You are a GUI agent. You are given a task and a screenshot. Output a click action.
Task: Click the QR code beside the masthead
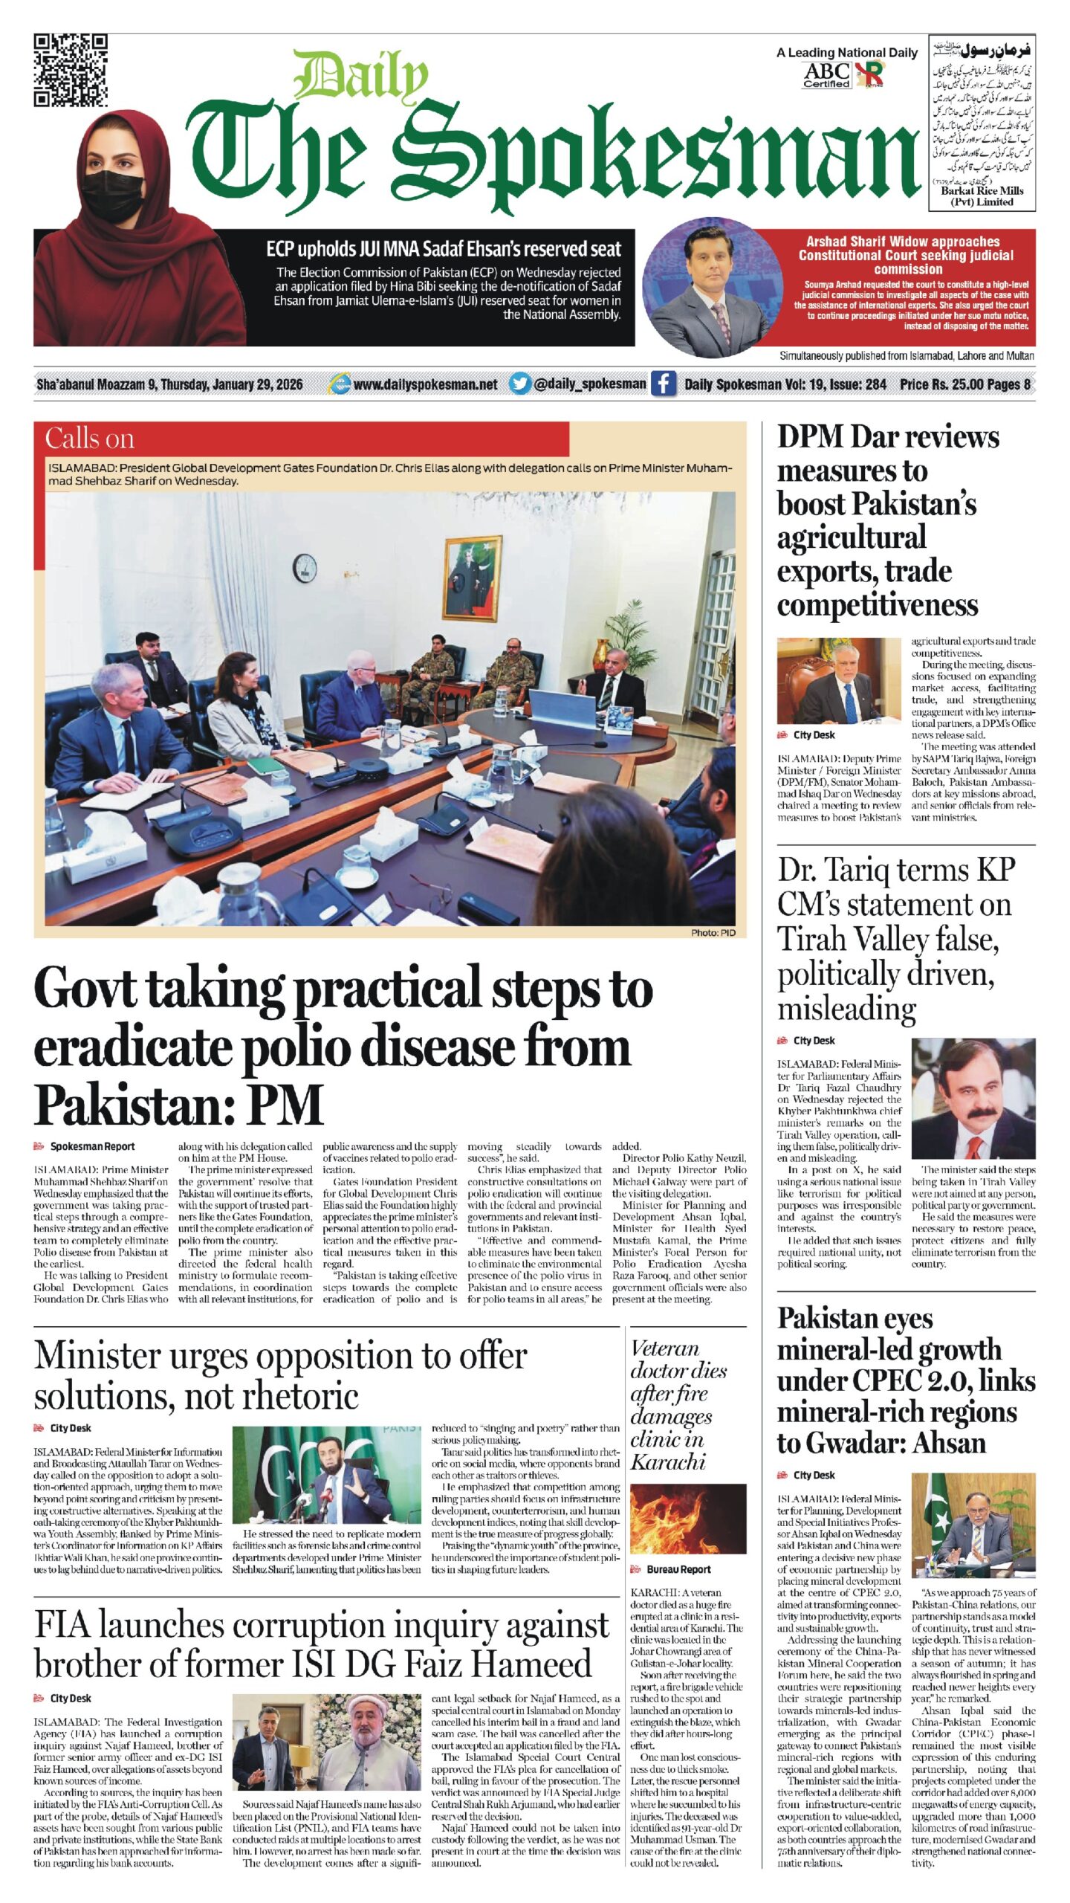[x=71, y=71]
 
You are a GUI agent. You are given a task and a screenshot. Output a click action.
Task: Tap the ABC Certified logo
[x=826, y=74]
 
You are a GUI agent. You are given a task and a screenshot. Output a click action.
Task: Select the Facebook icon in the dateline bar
[x=663, y=384]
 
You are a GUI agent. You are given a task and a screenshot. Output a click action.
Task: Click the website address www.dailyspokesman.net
[x=425, y=384]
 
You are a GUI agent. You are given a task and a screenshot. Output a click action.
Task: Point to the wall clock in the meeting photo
[x=305, y=568]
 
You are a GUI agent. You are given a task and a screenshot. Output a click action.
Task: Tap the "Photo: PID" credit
[x=713, y=932]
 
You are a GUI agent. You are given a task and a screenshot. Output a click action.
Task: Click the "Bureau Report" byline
[x=678, y=1569]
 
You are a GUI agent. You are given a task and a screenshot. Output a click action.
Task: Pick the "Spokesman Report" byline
[x=92, y=1146]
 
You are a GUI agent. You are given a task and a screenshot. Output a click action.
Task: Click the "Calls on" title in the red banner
[x=90, y=438]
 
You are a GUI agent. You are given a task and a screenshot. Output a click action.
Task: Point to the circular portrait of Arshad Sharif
[x=712, y=286]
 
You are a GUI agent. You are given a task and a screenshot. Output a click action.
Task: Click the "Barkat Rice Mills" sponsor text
[x=982, y=191]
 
